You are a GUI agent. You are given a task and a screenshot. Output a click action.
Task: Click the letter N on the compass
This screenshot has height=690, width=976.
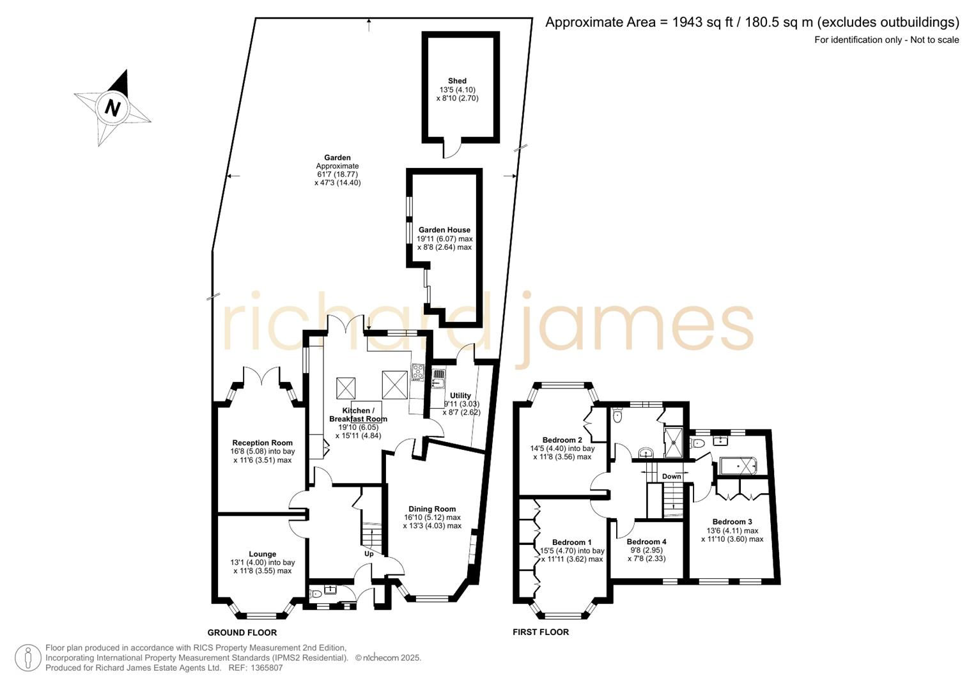112,107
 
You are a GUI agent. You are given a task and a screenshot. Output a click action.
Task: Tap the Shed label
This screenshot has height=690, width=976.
457,81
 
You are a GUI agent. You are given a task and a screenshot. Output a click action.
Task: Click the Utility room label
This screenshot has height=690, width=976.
460,395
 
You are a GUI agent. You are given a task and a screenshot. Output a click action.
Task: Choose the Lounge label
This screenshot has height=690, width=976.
262,554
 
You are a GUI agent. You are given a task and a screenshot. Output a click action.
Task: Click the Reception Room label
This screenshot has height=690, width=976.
262,443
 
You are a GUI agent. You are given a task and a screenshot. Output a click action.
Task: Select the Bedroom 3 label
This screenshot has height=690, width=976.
732,521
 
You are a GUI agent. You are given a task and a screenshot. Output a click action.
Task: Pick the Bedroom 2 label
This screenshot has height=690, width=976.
562,440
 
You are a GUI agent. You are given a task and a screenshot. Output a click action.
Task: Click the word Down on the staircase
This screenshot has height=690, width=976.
671,477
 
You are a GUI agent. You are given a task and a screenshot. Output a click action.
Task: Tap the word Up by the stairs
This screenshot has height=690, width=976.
369,554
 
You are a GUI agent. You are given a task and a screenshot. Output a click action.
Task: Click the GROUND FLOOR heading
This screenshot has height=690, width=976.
242,632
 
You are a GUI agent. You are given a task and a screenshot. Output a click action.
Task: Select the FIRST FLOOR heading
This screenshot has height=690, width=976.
540,632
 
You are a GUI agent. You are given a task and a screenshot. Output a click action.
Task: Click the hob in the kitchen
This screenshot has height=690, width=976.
417,372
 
